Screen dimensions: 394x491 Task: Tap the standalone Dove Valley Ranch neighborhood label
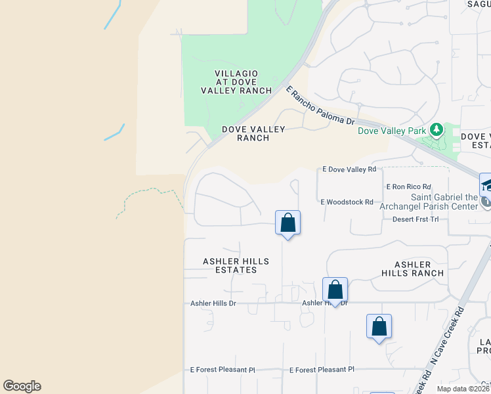pyautogui.click(x=245, y=133)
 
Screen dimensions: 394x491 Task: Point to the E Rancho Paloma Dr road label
pyautogui.click(x=320, y=106)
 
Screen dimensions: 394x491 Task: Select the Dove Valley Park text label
pyautogui.click(x=391, y=131)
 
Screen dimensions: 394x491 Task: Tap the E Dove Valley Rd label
pyautogui.click(x=349, y=169)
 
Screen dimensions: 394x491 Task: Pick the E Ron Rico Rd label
pyautogui.click(x=408, y=187)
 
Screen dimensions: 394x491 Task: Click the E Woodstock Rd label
pyautogui.click(x=347, y=202)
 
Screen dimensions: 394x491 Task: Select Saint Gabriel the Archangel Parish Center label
pyautogui.click(x=444, y=202)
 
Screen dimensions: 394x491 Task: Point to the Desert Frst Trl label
pyautogui.click(x=415, y=219)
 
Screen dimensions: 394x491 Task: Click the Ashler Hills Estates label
pyautogui.click(x=236, y=266)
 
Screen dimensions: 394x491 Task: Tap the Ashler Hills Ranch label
pyautogui.click(x=413, y=268)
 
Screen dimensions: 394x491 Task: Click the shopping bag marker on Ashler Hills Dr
pyautogui.click(x=335, y=290)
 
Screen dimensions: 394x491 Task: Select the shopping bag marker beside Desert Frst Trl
pyautogui.click(x=288, y=223)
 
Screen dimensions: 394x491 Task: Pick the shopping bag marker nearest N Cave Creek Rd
pyautogui.click(x=379, y=326)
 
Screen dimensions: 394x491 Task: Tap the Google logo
pyautogui.click(x=22, y=386)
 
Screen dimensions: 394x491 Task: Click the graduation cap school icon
pyautogui.click(x=487, y=185)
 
